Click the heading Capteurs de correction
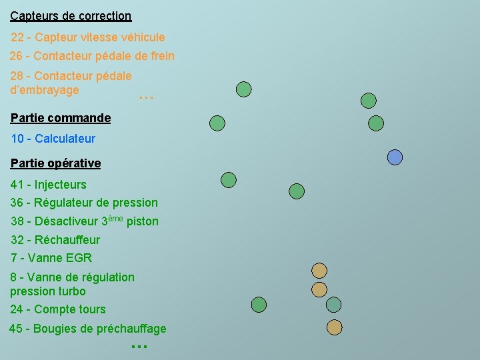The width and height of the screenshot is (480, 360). click(71, 15)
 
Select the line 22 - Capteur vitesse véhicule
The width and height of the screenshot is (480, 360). click(88, 37)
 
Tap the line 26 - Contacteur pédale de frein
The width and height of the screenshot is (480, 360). click(92, 56)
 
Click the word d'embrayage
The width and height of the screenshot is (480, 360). click(45, 89)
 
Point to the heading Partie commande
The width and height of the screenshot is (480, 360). click(61, 118)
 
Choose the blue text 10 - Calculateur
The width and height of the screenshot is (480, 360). click(53, 139)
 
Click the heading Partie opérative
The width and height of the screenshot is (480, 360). click(56, 163)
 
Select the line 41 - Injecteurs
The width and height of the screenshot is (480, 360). click(49, 184)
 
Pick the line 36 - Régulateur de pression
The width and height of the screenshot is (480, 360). click(84, 202)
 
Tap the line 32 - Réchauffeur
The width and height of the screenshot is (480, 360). click(55, 239)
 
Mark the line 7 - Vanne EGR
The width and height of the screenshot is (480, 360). click(51, 257)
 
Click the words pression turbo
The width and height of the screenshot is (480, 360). click(48, 291)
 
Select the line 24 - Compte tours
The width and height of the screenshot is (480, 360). click(58, 309)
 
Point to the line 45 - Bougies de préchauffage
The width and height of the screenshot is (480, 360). click(88, 329)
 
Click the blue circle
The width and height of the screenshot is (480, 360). click(395, 157)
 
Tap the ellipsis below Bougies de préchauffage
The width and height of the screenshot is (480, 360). click(139, 346)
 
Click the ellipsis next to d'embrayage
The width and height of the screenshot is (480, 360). click(146, 97)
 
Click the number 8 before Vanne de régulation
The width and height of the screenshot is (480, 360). click(14, 277)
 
